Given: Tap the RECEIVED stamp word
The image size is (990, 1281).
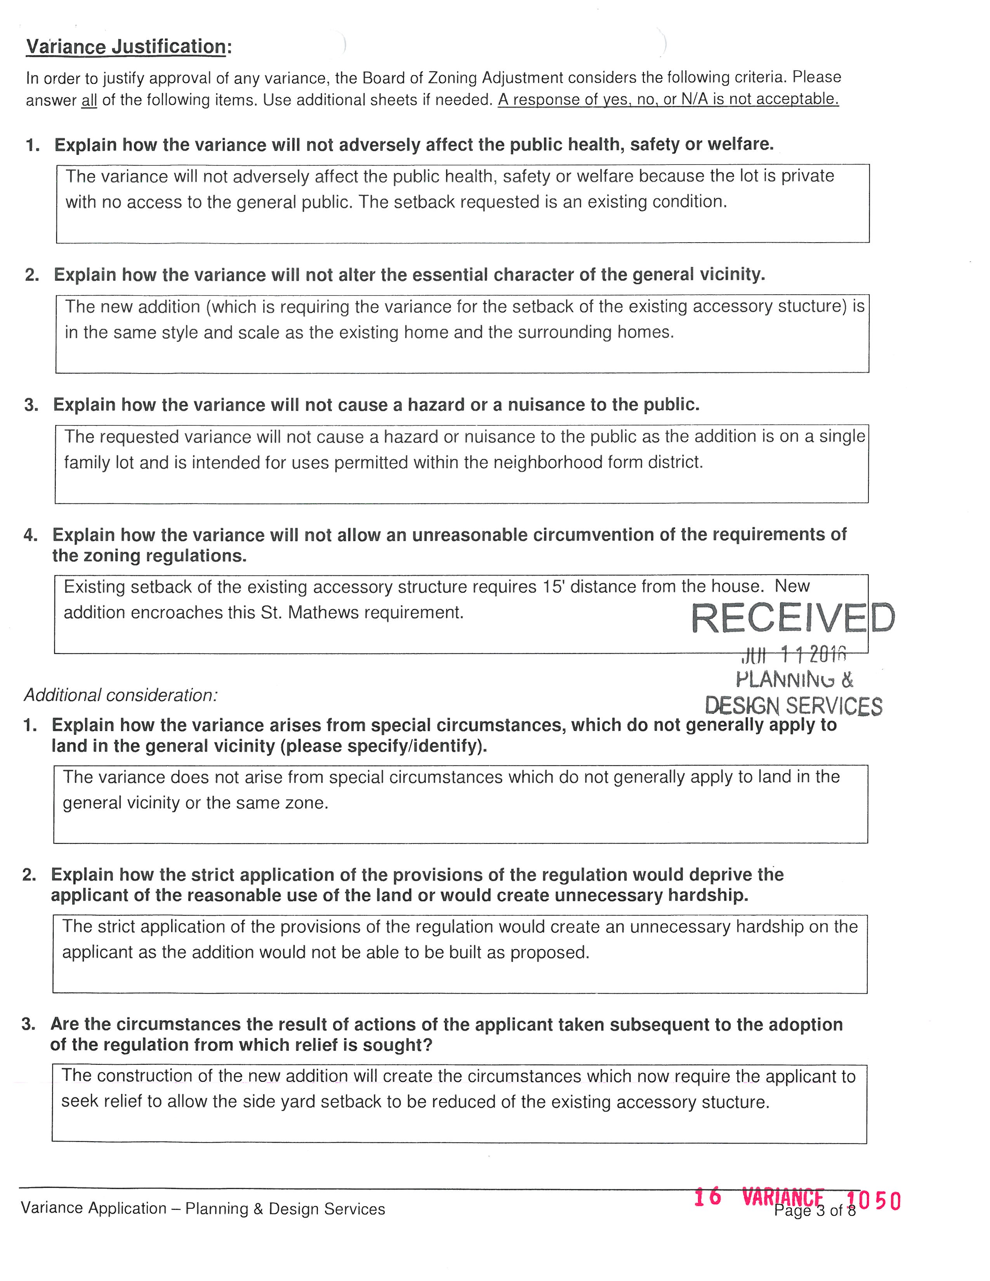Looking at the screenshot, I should tap(793, 618).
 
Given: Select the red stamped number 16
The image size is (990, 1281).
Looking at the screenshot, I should tap(707, 1196).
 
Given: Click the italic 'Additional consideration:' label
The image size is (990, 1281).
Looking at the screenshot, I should tap(121, 695).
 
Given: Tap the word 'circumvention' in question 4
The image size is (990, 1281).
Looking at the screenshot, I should tap(470, 535).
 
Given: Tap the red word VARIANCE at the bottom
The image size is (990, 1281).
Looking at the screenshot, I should tap(782, 1196).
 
